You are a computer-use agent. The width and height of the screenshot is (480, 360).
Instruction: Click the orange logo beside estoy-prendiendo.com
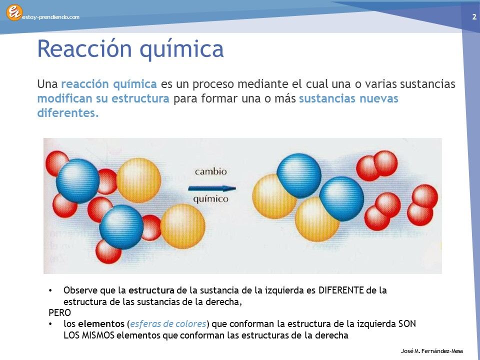[14, 12]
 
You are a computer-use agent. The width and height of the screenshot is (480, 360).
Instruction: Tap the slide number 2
[474, 17]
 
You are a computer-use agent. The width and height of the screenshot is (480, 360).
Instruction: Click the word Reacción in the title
[84, 48]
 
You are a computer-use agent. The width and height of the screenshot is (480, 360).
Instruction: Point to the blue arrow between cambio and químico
[212, 188]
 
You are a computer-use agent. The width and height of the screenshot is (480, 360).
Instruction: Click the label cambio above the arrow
[211, 171]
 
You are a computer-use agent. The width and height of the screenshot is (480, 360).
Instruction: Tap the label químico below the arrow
[210, 199]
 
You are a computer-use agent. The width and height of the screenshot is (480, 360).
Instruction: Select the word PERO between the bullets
[59, 312]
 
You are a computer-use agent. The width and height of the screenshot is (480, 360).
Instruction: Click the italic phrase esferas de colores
[168, 324]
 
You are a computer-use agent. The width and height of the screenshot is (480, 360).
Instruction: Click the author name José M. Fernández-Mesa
[432, 351]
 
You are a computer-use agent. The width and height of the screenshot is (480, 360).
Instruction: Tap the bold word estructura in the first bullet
[151, 290]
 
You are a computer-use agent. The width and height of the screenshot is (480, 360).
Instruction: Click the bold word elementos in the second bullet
[101, 324]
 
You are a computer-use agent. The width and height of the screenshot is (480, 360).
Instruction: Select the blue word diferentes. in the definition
[68, 113]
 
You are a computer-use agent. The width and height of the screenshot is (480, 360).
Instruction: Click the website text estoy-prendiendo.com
[51, 17]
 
